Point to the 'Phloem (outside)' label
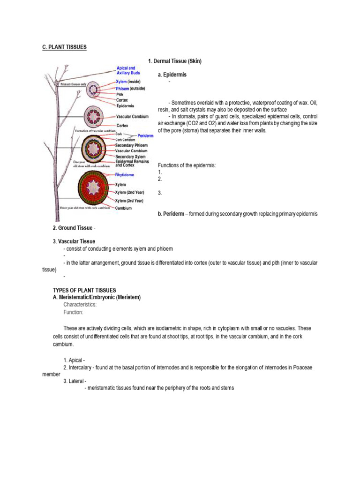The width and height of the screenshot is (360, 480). click(x=130, y=88)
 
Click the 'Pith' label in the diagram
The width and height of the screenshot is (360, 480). click(x=120, y=94)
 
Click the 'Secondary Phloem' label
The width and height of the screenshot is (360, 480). click(x=131, y=145)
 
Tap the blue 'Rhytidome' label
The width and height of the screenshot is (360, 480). click(x=124, y=174)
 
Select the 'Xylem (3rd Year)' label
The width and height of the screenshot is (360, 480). click(x=130, y=201)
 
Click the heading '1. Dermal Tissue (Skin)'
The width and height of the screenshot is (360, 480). click(x=174, y=61)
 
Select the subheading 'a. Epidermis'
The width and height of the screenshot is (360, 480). click(x=172, y=75)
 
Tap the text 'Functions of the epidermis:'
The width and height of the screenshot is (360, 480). click(x=187, y=165)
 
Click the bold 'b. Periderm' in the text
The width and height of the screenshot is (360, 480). click(x=172, y=214)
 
